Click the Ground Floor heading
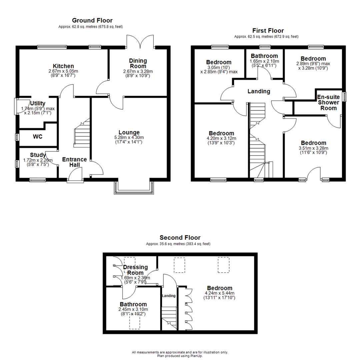pyautogui.click(x=92, y=21)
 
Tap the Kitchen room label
pyautogui.click(x=63, y=66)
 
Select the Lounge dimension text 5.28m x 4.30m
pyautogui.click(x=129, y=137)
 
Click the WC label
pyautogui.click(x=38, y=136)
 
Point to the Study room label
pyautogui.click(x=38, y=155)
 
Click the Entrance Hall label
pyautogui.click(x=74, y=162)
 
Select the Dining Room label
pyautogui.click(x=138, y=63)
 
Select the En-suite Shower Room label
pyautogui.click(x=328, y=103)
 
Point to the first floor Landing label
pyautogui.click(x=259, y=91)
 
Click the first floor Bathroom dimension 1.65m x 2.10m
pyautogui.click(x=264, y=61)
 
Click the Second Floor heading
pyautogui.click(x=180, y=238)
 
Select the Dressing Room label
pyautogui.click(x=135, y=270)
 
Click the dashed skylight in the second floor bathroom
pyautogui.click(x=135, y=322)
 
